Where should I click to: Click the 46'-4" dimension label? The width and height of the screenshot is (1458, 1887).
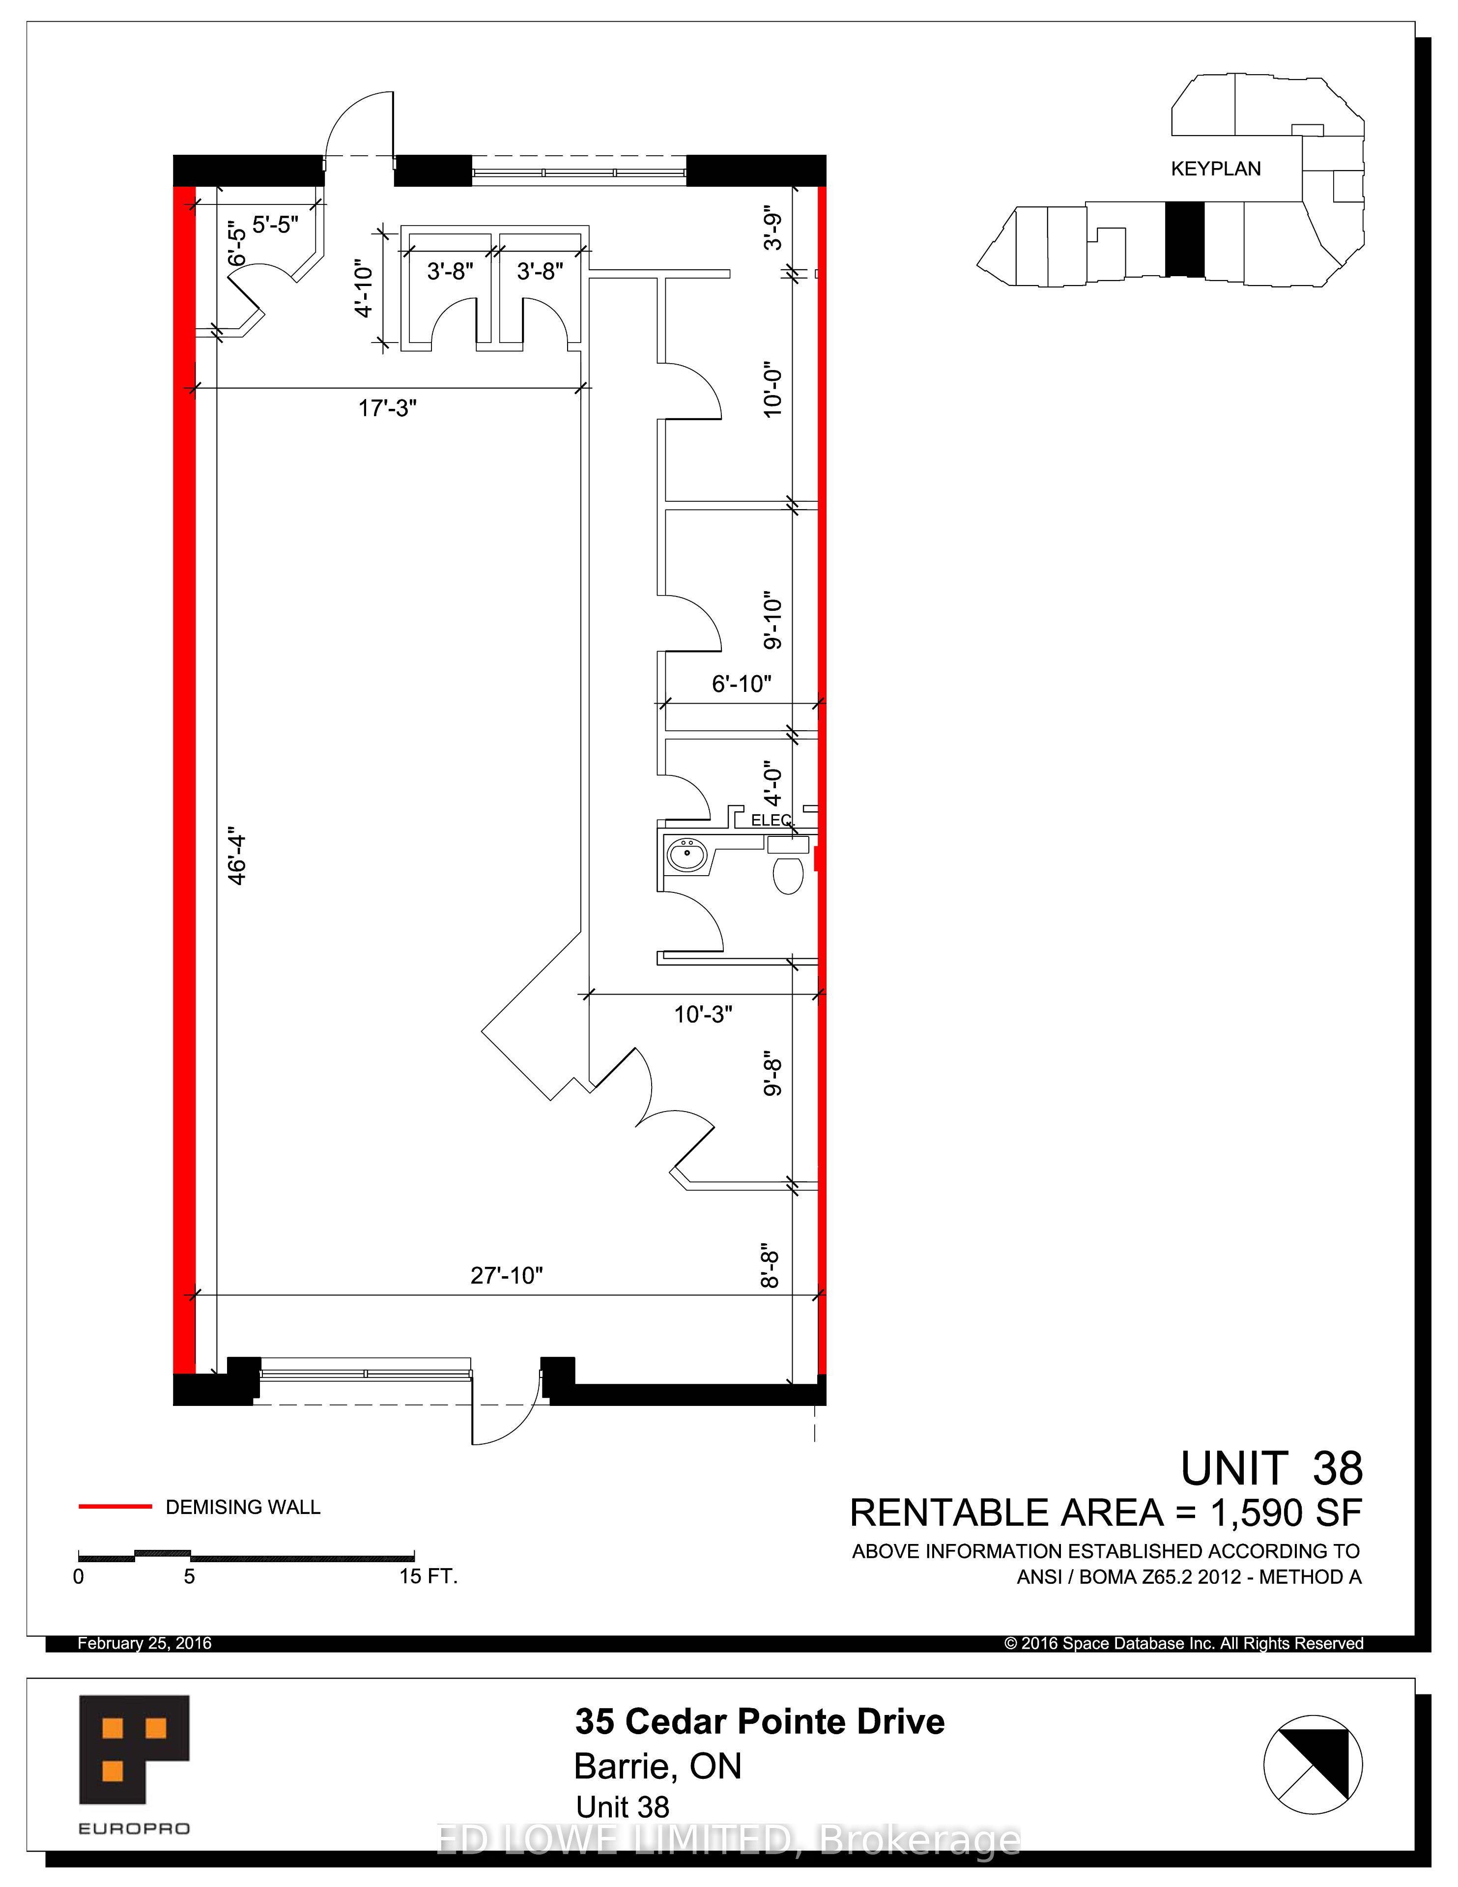(237, 858)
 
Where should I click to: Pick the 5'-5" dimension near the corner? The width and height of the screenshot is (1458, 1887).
(276, 225)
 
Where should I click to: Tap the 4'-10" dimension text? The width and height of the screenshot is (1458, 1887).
(364, 288)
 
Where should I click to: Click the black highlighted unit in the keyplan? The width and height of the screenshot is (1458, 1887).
(1184, 239)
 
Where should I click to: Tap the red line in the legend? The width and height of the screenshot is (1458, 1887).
(115, 1507)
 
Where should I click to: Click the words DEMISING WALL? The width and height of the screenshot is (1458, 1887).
(243, 1507)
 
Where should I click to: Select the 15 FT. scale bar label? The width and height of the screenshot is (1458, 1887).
(428, 1576)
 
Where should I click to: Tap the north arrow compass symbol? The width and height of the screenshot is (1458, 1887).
(1313, 1764)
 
